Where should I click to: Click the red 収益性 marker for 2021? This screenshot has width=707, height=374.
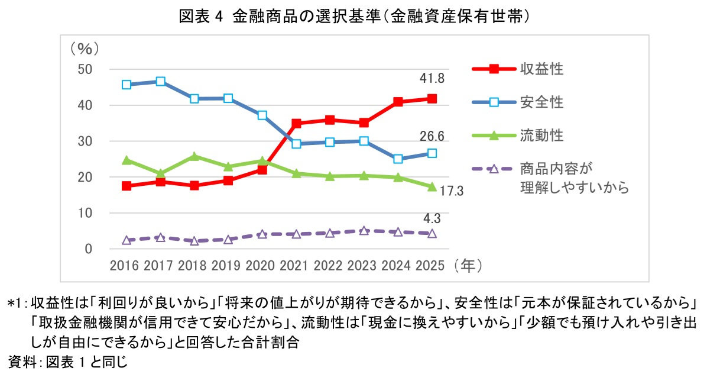297,124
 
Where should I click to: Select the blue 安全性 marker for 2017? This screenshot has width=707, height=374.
160,82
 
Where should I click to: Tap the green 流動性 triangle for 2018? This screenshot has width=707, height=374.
194,156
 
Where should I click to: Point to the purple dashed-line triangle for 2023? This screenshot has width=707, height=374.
364,230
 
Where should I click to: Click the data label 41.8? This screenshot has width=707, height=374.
432,79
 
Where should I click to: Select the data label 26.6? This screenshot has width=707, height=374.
432,137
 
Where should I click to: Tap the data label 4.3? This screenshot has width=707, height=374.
432,218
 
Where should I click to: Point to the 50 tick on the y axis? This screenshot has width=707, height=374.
86,69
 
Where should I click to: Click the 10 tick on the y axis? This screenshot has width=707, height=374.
86,213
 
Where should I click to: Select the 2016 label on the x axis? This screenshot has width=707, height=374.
124,265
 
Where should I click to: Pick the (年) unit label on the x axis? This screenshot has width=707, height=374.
465,265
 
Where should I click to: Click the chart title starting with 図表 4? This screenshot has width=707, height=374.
353,16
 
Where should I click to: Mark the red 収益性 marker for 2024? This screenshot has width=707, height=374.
398,102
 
